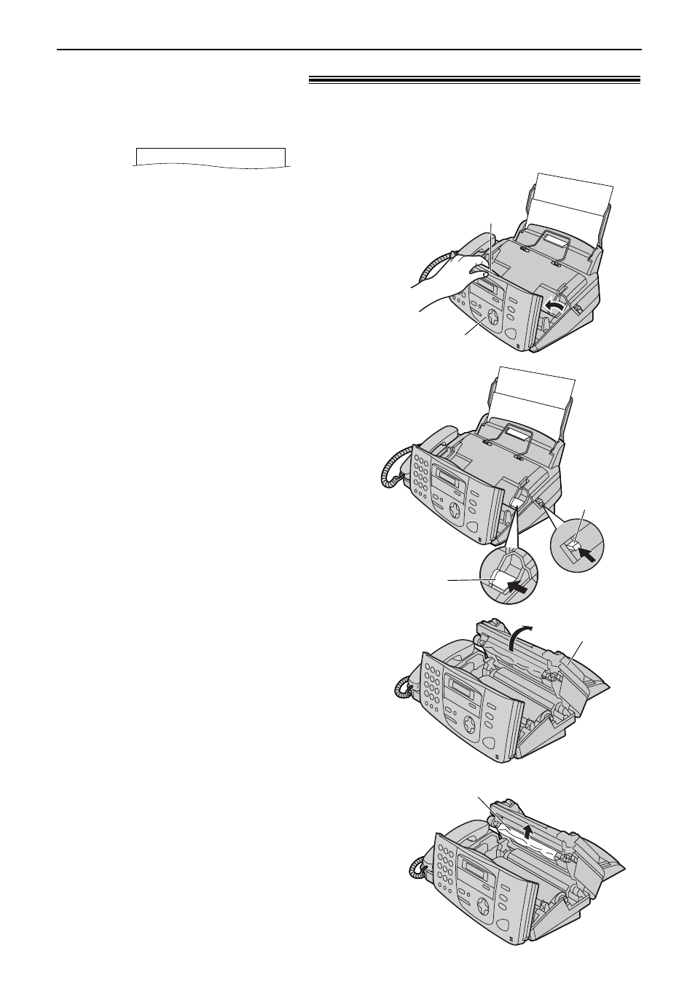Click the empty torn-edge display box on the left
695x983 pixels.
click(210, 157)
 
